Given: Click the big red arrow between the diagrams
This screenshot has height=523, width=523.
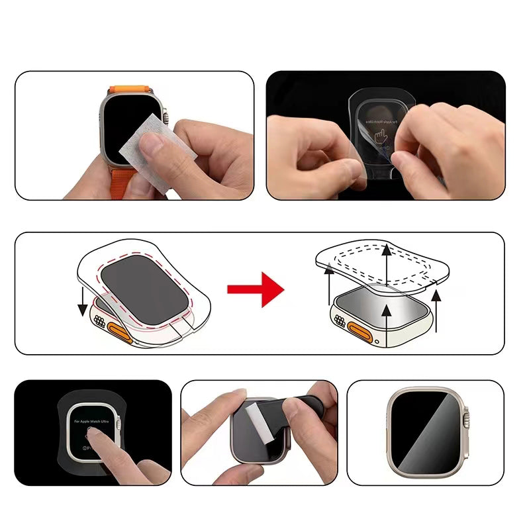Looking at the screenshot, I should tap(255, 289).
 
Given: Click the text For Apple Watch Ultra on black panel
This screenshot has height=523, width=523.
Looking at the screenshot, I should tap(93, 422).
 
